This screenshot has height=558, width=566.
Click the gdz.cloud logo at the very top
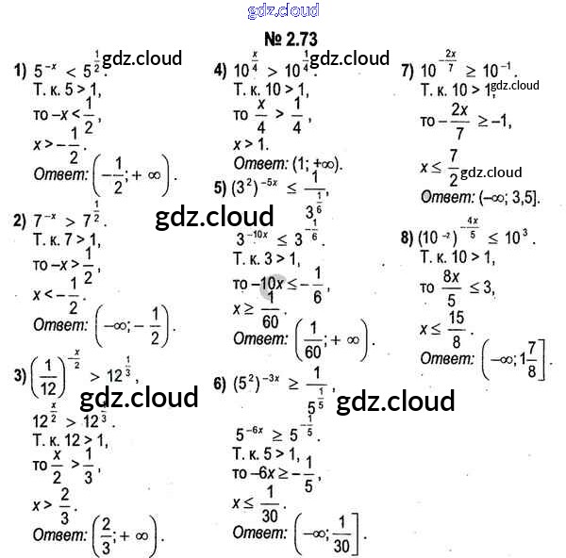(283, 11)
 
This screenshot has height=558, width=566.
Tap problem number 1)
(19, 67)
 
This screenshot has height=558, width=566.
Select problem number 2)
(19, 221)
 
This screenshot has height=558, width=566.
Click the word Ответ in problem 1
(59, 173)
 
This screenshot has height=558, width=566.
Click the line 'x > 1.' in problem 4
(250, 144)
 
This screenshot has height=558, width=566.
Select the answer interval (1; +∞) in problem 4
(314, 163)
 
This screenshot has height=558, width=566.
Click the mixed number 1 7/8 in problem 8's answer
(531, 359)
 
